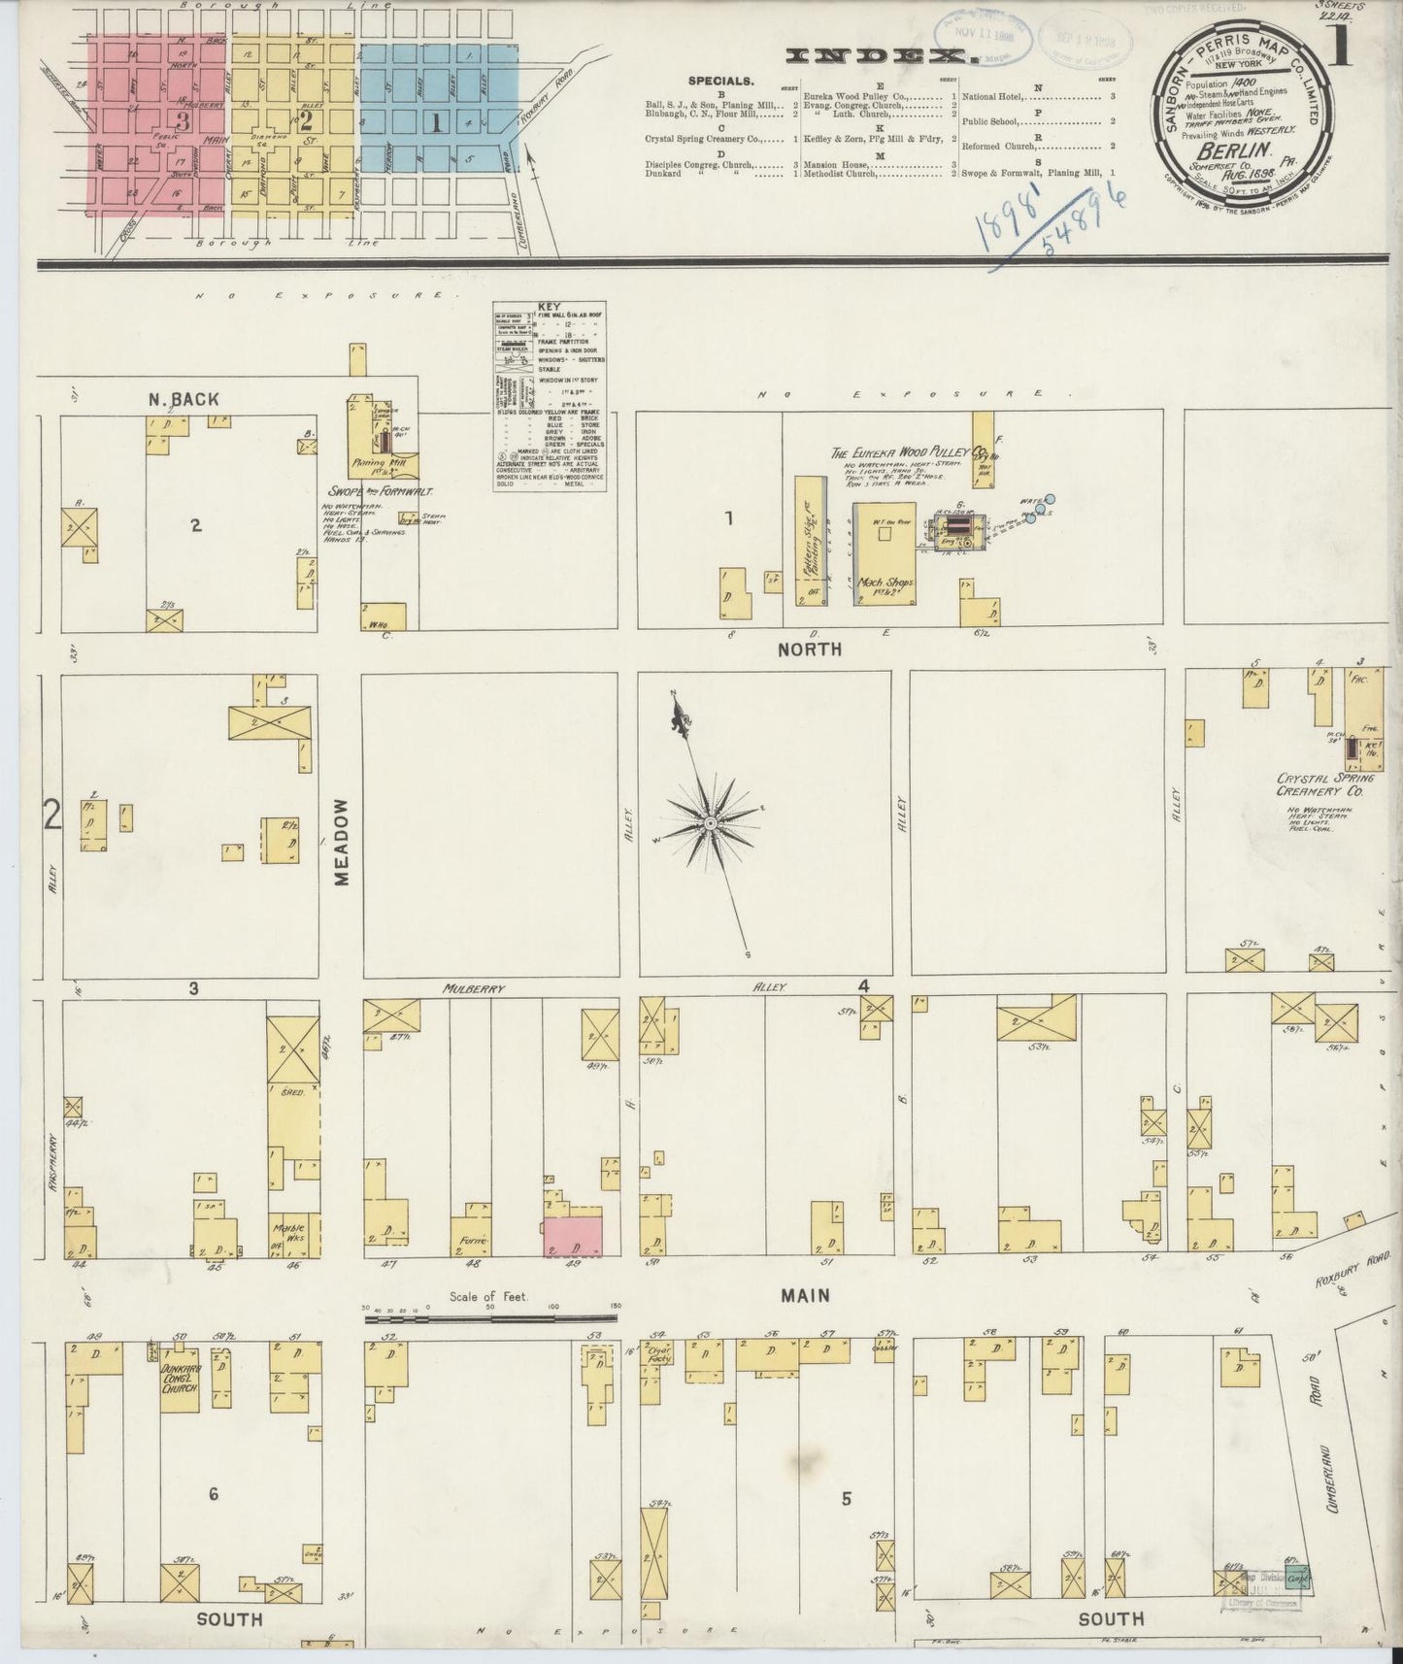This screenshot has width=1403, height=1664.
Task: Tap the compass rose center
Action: (711, 823)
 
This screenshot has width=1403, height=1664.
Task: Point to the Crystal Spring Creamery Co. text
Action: (1320, 785)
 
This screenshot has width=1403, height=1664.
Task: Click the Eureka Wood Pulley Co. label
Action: (909, 453)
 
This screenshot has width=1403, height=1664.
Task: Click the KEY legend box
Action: (550, 396)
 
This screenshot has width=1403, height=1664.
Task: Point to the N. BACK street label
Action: (184, 399)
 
